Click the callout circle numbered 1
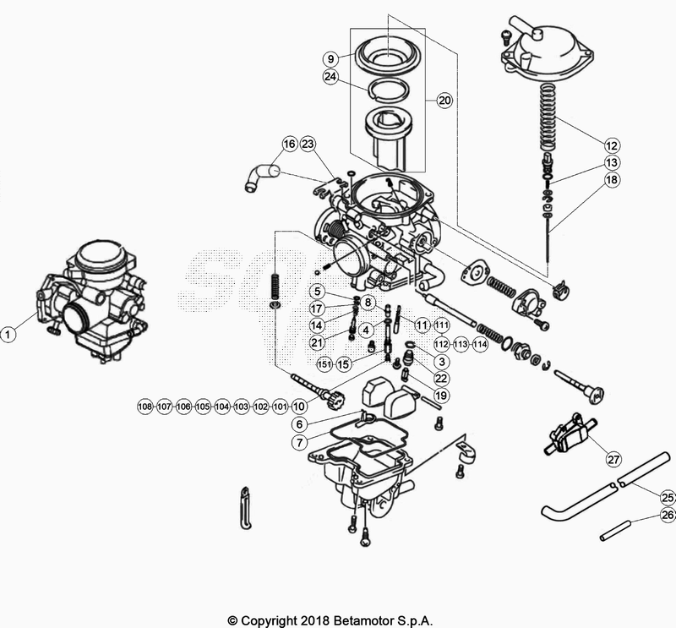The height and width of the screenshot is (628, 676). [9, 335]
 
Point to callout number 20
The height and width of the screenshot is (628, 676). [445, 100]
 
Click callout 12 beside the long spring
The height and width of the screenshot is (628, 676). [612, 144]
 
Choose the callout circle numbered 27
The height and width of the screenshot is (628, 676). [612, 460]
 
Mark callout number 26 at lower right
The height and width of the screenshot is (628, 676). [668, 515]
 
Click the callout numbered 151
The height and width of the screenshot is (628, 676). [324, 364]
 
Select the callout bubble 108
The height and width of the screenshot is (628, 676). [145, 407]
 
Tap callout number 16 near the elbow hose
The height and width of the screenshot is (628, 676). [290, 144]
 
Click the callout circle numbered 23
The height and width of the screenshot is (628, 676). [308, 144]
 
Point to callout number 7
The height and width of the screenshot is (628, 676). [299, 442]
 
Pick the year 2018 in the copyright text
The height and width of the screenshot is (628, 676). [316, 620]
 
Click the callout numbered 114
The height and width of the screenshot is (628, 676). [480, 344]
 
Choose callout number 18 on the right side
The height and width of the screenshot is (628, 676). [612, 180]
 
